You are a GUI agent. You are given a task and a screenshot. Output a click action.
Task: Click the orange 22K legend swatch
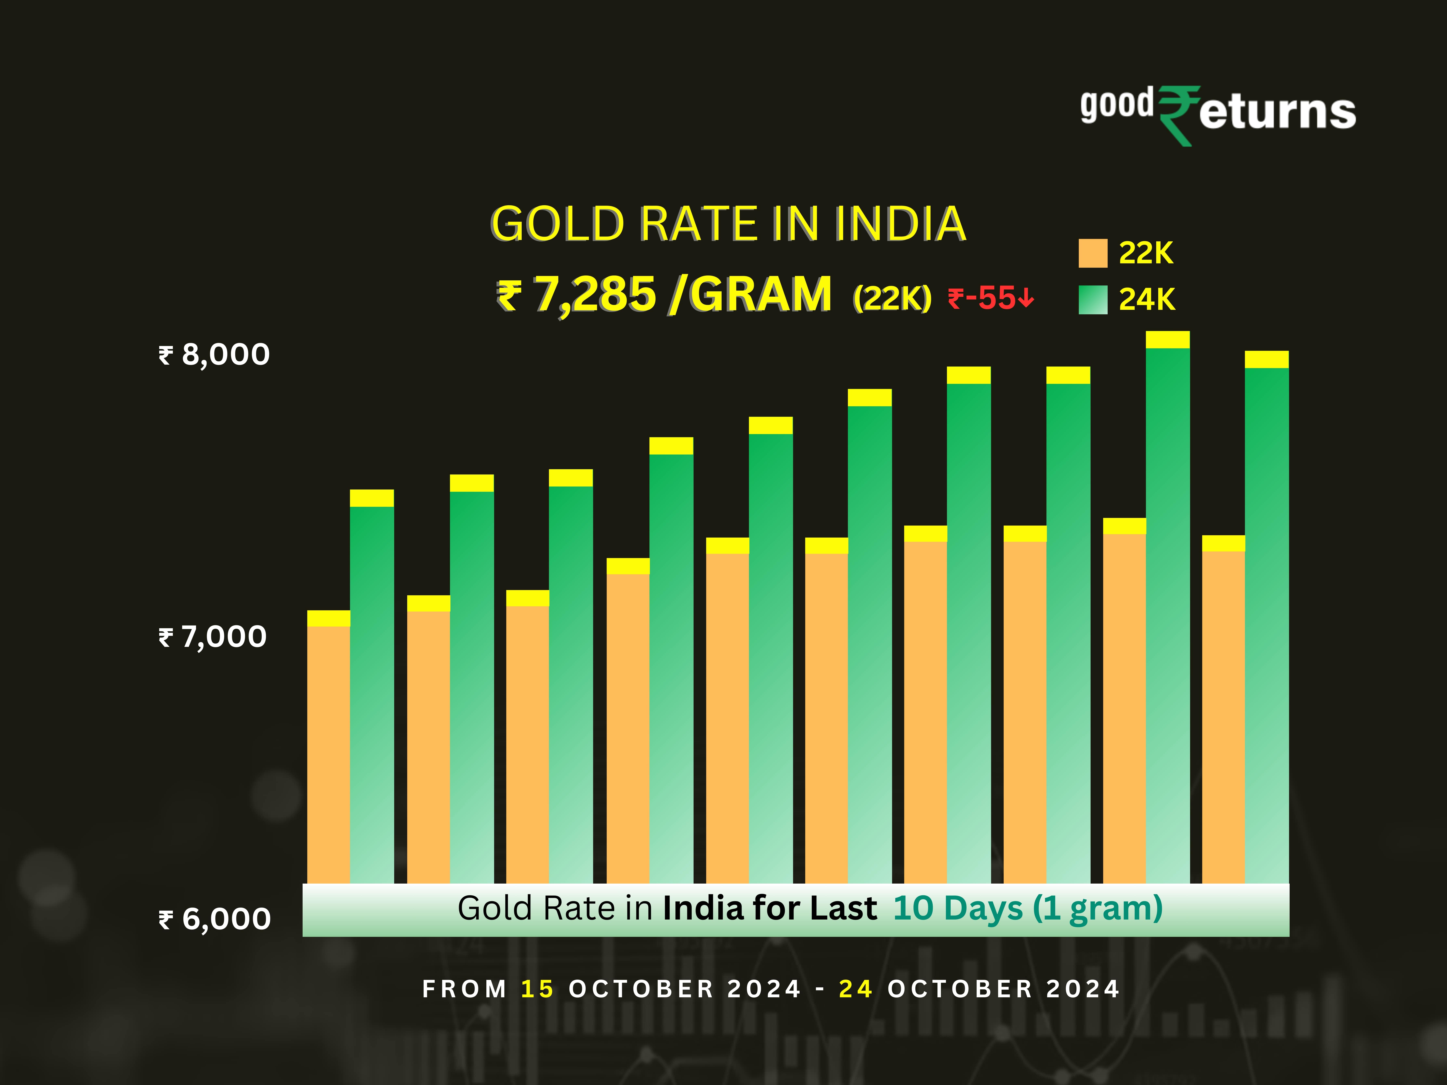tap(1092, 253)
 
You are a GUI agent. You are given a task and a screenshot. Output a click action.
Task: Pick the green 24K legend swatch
tap(1092, 299)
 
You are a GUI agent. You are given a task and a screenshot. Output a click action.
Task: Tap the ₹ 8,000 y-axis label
tap(214, 354)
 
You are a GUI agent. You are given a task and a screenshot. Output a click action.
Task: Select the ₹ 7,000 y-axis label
tap(213, 636)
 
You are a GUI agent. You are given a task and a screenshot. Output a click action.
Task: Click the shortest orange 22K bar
tap(328, 752)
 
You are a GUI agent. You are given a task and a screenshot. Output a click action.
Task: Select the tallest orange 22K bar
tap(1124, 706)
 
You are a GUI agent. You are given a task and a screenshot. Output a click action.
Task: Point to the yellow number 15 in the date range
tap(537, 989)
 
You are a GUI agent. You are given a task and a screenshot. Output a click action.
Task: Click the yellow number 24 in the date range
tap(855, 989)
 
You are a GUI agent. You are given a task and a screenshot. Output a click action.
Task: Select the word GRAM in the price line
tap(761, 294)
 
